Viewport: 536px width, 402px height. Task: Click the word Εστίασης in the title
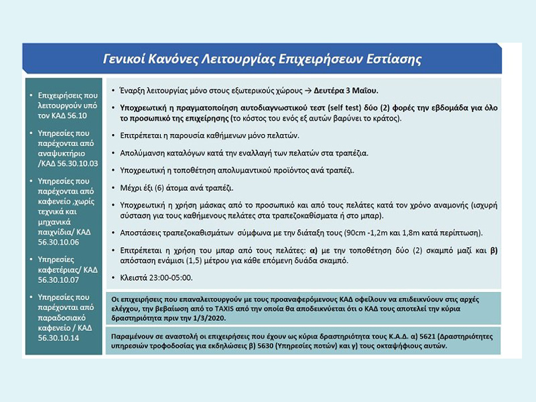(x=389, y=59)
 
